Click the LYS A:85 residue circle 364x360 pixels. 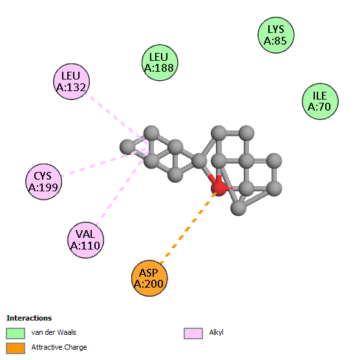[x=276, y=35]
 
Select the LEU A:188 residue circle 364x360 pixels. [x=160, y=63]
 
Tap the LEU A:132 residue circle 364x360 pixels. [x=72, y=81]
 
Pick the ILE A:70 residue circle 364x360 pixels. [x=320, y=101]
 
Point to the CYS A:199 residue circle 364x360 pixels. [x=44, y=182]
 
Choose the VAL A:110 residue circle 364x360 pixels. [x=85, y=240]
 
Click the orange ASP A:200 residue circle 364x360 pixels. [x=149, y=278]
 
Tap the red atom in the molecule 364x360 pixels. [x=219, y=188]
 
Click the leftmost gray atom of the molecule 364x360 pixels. [x=127, y=147]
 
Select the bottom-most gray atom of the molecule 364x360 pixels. [x=238, y=207]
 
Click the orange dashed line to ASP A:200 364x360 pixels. [x=189, y=228]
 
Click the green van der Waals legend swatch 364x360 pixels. [x=16, y=334]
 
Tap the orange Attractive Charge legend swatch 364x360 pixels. [x=16, y=348]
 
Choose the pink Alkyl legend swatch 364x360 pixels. [x=193, y=334]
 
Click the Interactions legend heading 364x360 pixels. [x=29, y=318]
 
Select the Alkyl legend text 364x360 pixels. [x=216, y=333]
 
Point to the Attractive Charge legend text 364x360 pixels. [x=59, y=348]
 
